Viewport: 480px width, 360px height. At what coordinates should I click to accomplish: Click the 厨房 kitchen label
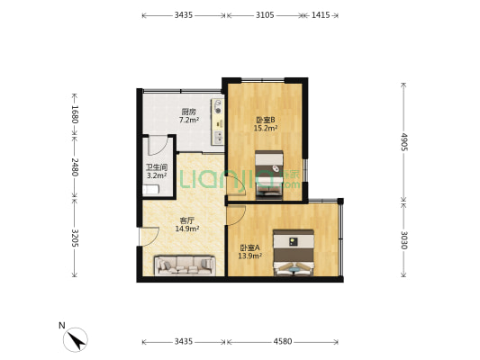pos(188,112)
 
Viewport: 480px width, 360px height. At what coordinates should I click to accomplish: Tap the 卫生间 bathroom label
pos(157,167)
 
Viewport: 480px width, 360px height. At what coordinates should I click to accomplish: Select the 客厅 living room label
pos(187,220)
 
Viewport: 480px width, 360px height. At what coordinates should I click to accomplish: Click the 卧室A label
pos(249,247)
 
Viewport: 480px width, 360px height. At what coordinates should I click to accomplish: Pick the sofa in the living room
pos(185,265)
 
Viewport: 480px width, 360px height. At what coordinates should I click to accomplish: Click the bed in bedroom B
pos(268,175)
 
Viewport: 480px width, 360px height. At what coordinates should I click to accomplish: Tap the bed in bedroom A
pos(294,252)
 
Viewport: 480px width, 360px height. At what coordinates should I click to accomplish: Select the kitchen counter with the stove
pos(218,121)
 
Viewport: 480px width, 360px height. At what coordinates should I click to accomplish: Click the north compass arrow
pos(76,339)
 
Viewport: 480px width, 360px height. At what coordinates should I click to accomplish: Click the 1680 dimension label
pos(75,114)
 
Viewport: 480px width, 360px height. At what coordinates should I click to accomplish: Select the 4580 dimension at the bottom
pos(283,341)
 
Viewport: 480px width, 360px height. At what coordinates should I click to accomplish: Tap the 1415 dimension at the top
pos(321,14)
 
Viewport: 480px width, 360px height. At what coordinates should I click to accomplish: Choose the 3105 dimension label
pos(265,14)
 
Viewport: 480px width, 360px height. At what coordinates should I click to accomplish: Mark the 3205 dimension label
pos(75,238)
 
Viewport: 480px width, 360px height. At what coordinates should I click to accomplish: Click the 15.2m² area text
pos(266,128)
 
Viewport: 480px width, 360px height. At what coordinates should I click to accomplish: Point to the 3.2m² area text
pos(157,175)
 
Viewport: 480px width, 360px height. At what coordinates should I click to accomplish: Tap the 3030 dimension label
pos(404,240)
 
